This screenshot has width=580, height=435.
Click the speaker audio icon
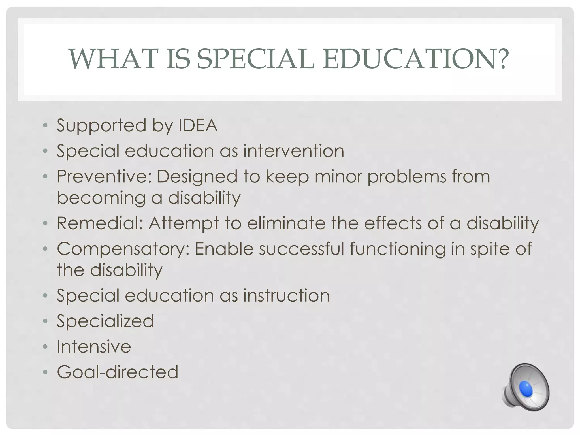[526, 387]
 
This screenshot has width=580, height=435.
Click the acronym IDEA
[198, 125]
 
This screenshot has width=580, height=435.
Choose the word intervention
[294, 151]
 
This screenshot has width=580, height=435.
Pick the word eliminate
[286, 223]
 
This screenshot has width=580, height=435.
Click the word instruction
[286, 295]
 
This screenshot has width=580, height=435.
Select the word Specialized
[105, 321]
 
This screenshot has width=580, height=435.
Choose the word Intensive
[94, 346]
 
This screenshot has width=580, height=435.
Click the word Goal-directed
[118, 372]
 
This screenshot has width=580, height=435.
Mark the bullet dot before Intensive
[45, 347]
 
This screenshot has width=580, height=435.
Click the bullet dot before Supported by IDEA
[45, 125]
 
